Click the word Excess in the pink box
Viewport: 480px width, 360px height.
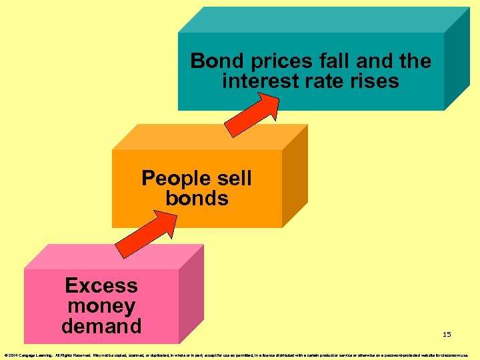[x=101, y=285]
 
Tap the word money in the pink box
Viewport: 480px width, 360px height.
[x=101, y=306]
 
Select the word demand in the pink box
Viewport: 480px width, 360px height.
[x=101, y=326]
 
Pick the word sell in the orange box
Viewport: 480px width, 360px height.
[x=231, y=178]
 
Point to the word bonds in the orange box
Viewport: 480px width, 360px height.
[x=197, y=198]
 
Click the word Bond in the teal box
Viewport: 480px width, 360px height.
[x=214, y=61]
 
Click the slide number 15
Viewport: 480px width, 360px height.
[x=447, y=334]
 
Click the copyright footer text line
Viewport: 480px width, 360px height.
[x=240, y=355]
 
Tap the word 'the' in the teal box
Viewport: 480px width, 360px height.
[x=416, y=61]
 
